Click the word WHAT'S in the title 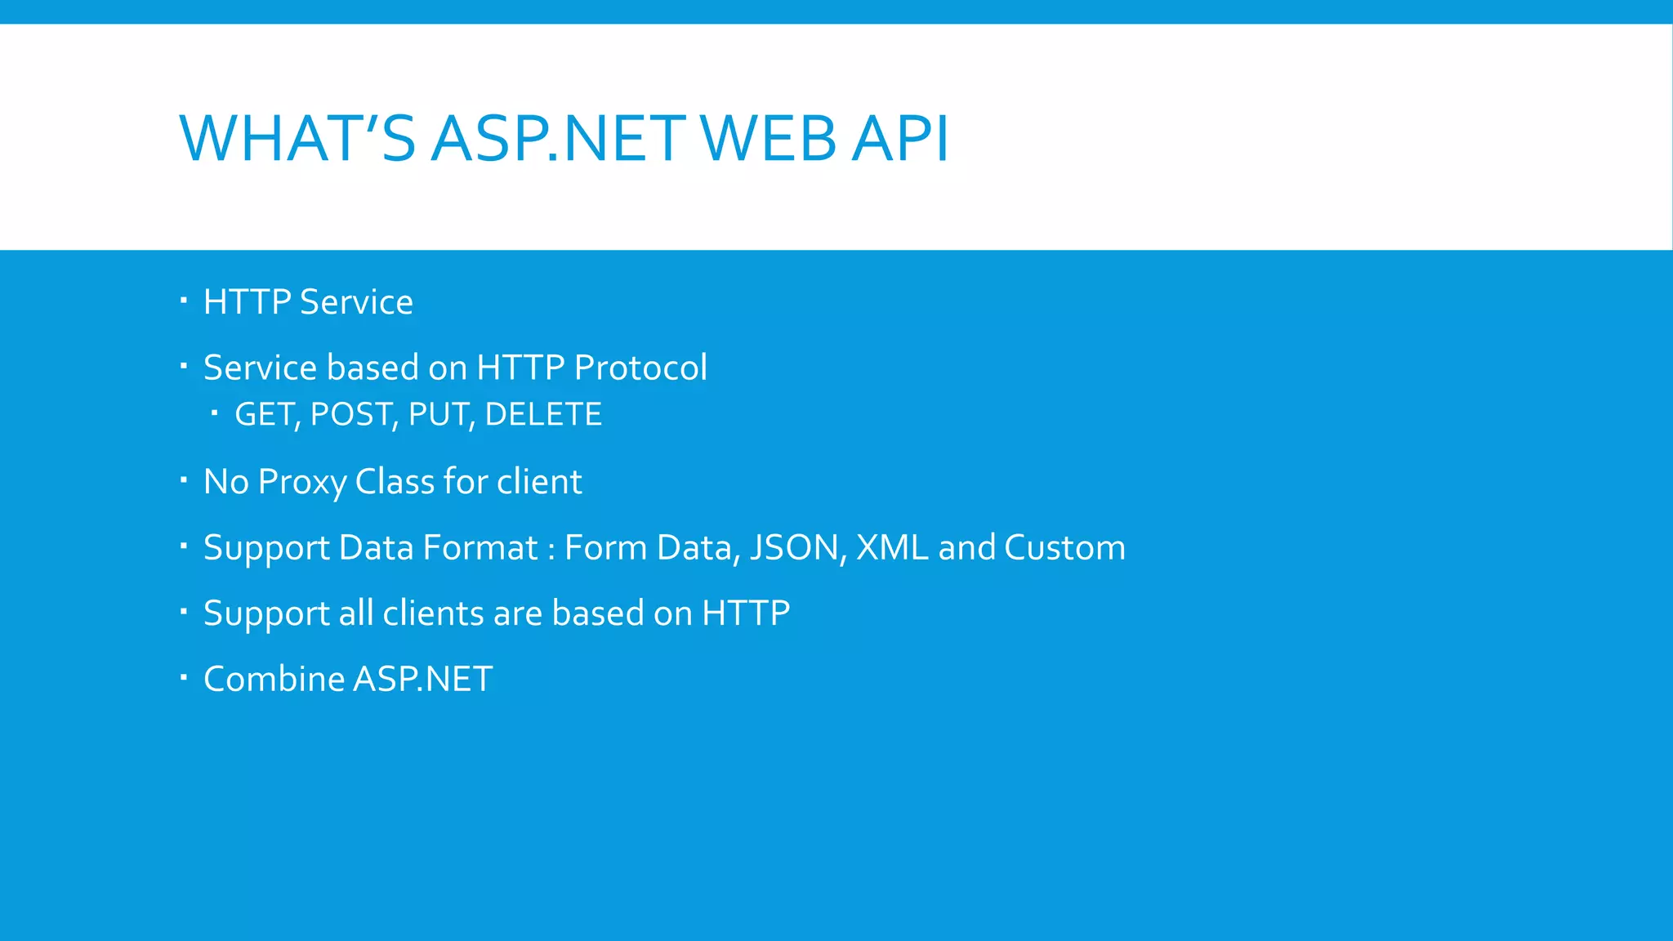(x=297, y=138)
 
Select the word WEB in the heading (x=769, y=138)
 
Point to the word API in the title (x=899, y=138)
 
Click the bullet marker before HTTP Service (x=184, y=301)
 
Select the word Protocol (x=640, y=368)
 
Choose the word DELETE (x=543, y=415)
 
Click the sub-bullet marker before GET (x=214, y=413)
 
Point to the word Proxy (x=302, y=482)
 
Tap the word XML (x=892, y=548)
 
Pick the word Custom (x=1064, y=548)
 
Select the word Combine (x=274, y=679)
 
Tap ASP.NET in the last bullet (x=423, y=679)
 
